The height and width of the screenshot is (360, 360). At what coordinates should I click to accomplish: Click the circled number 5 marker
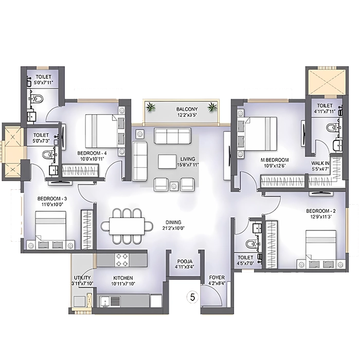pyautogui.click(x=192, y=297)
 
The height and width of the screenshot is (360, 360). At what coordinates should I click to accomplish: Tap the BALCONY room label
pyautogui.click(x=184, y=109)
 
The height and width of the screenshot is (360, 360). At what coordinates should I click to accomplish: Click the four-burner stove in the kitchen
pyautogui.click(x=122, y=260)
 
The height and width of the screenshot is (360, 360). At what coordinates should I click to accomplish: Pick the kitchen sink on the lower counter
pyautogui.click(x=113, y=301)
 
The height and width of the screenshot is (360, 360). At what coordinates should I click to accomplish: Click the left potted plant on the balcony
pyautogui.click(x=150, y=107)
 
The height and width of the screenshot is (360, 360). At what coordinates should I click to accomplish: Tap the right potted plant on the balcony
pyautogui.click(x=211, y=107)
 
